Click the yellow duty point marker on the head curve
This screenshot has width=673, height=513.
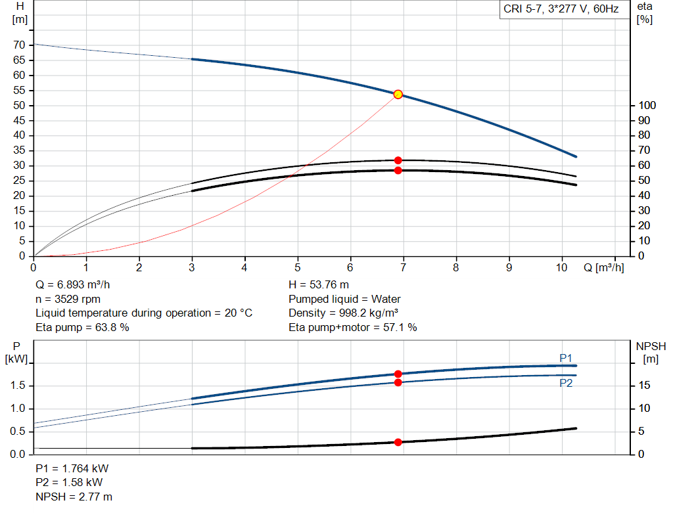click(x=398, y=95)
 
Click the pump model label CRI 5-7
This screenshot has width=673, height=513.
click(x=561, y=9)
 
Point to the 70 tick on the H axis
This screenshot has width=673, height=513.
click(x=20, y=45)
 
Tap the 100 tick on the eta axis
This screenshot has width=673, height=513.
click(x=646, y=106)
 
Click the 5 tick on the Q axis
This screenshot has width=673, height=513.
click(x=298, y=267)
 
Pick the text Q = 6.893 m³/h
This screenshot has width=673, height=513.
click(x=77, y=285)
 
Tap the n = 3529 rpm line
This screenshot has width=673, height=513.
click(x=68, y=299)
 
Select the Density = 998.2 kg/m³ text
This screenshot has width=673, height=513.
click(x=343, y=313)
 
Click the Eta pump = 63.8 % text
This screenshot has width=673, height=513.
click(x=82, y=326)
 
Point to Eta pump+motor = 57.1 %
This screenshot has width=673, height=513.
click(x=353, y=326)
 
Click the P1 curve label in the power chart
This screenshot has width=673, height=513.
click(x=566, y=358)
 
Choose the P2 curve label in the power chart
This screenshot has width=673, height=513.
click(x=566, y=383)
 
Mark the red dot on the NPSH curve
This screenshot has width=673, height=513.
click(x=398, y=442)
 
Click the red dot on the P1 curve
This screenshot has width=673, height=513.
click(x=398, y=374)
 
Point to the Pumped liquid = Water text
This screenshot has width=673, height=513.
click(x=344, y=299)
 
